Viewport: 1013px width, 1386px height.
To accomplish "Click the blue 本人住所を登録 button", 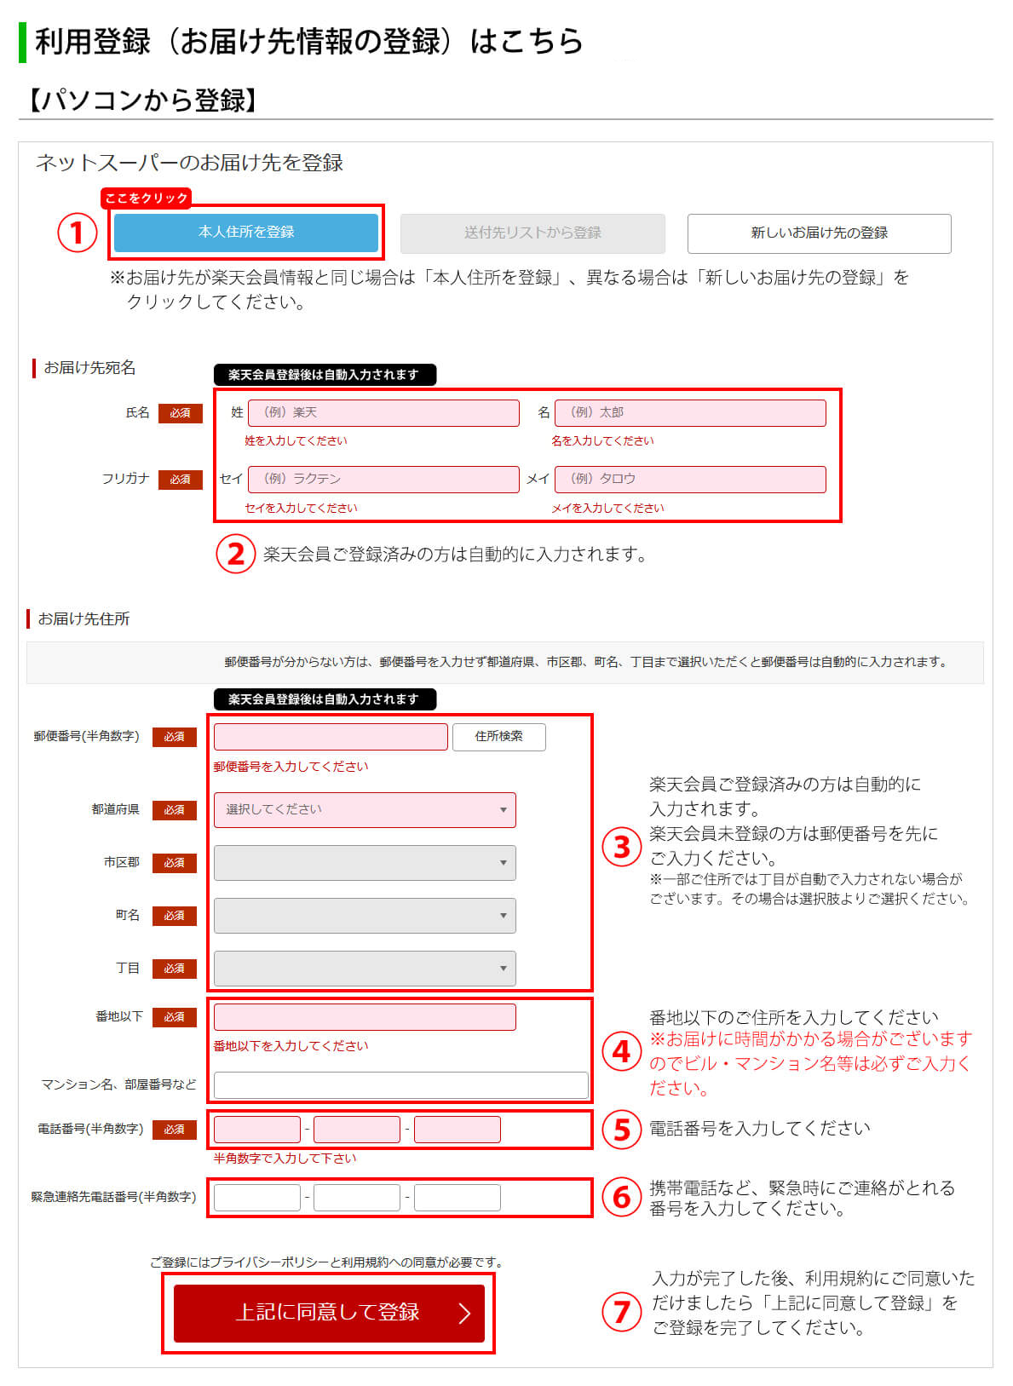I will point(245,232).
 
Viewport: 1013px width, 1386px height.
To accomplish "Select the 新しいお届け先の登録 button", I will point(819,233).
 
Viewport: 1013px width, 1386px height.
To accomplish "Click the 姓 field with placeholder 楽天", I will point(383,412).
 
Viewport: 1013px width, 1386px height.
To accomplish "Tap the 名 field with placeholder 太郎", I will point(690,412).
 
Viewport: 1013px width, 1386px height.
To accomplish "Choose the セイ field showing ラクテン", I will point(383,479).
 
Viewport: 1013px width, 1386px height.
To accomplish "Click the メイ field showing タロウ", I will point(690,479).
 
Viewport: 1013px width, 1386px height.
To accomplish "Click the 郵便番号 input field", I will point(331,736).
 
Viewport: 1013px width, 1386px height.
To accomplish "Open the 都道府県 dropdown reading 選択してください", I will point(365,809).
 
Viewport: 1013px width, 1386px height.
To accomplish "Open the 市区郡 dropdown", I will point(365,862).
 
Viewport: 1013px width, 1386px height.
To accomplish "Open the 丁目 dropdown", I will point(365,968).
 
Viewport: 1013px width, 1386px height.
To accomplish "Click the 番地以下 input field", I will point(365,1016).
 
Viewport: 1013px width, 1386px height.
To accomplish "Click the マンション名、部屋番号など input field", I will point(400,1084).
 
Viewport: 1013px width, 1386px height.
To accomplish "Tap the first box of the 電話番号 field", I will point(257,1129).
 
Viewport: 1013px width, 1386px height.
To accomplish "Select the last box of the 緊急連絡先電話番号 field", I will point(458,1197).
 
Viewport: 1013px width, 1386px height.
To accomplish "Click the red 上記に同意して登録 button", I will point(329,1312).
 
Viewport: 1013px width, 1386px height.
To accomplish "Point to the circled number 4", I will point(622,1051).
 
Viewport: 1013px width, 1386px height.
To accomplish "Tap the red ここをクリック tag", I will point(146,198).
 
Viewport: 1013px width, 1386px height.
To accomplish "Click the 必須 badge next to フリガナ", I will point(181,479).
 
